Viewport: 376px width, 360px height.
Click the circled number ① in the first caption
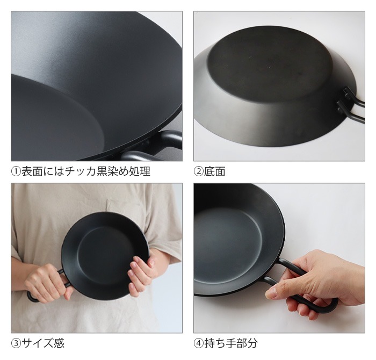pos(17,172)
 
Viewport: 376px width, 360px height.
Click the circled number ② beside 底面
pos(199,172)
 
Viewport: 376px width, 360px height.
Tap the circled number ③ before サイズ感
pos(17,343)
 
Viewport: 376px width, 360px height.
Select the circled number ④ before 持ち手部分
pos(199,343)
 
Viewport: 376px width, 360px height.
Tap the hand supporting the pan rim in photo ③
pos(142,274)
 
